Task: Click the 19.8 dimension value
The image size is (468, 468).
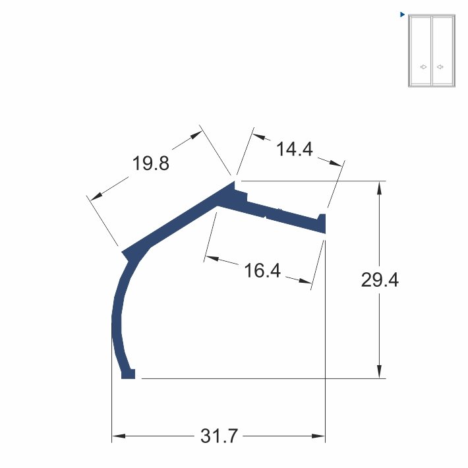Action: (151, 163)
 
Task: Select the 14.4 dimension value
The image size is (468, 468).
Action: (295, 149)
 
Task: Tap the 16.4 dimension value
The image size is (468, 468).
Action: (262, 270)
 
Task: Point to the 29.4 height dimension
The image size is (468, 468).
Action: (380, 280)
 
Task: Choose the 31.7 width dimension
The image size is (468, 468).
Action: (219, 436)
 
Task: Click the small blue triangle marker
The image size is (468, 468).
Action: (402, 15)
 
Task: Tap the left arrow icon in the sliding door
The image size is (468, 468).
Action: (423, 67)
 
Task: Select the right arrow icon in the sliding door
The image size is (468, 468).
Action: (440, 67)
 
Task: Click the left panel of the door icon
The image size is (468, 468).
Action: (421, 51)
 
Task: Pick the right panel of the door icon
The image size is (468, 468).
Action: (443, 51)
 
